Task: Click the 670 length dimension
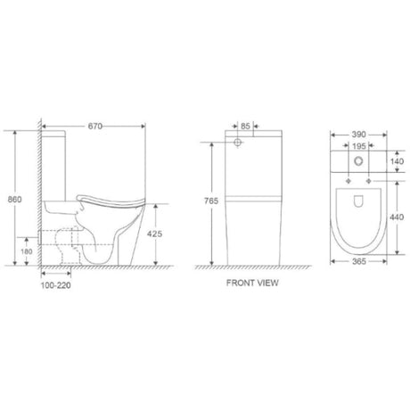point(95,127)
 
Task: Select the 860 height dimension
point(14,199)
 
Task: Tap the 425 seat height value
point(155,234)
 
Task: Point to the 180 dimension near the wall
point(27,251)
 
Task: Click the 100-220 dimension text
point(56,285)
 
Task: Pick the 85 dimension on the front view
point(245,127)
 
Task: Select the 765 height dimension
point(211,201)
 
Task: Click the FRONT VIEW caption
point(252,283)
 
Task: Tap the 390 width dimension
point(358,135)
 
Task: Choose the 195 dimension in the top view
point(359,146)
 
